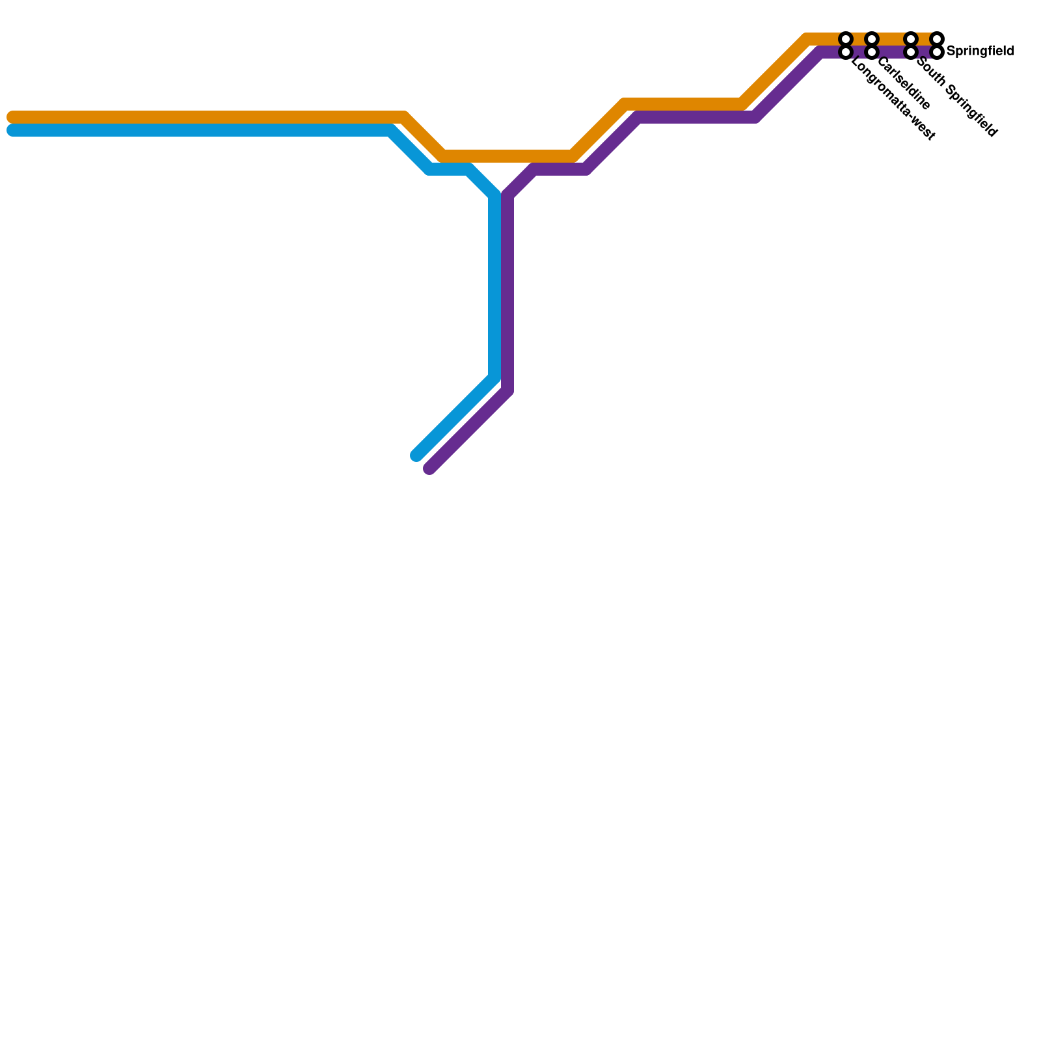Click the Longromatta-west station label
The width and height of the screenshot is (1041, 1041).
click(x=893, y=100)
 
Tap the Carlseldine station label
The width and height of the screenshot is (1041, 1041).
click(x=904, y=84)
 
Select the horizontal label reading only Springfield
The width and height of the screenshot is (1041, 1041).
click(x=980, y=51)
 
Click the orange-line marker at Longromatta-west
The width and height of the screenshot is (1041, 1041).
click(x=846, y=39)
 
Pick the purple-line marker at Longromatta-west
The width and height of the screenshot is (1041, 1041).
click(x=846, y=51)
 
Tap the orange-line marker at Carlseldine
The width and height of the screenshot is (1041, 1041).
click(x=872, y=39)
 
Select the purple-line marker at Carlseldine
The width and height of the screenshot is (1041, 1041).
click(x=872, y=51)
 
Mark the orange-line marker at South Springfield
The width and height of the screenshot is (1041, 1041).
click(x=911, y=39)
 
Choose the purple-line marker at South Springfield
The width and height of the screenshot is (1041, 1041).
click(x=911, y=51)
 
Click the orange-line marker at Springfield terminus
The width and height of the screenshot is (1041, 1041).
click(x=937, y=39)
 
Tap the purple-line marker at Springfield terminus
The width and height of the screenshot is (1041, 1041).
click(x=937, y=51)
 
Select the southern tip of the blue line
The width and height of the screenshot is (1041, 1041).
click(x=416, y=455)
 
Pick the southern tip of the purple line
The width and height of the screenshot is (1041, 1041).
click(x=429, y=468)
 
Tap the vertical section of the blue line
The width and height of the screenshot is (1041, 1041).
click(x=494, y=286)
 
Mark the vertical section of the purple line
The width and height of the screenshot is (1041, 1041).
click(x=507, y=293)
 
